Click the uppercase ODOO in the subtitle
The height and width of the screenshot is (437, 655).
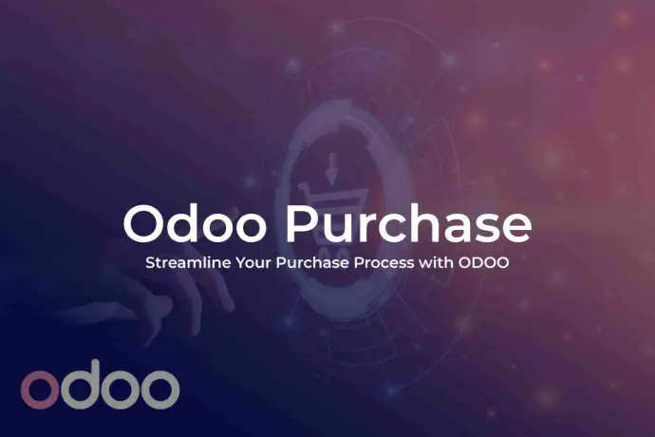point(484,263)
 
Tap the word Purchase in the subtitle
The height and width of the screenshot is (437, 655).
point(312,263)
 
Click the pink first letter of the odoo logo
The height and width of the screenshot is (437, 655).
point(39,389)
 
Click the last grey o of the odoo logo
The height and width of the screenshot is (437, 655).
point(161,389)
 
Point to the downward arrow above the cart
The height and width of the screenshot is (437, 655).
point(331,169)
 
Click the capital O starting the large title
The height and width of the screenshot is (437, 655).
point(144,224)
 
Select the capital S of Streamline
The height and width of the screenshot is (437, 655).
point(150,263)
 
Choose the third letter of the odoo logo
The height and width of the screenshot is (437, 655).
point(121,389)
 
